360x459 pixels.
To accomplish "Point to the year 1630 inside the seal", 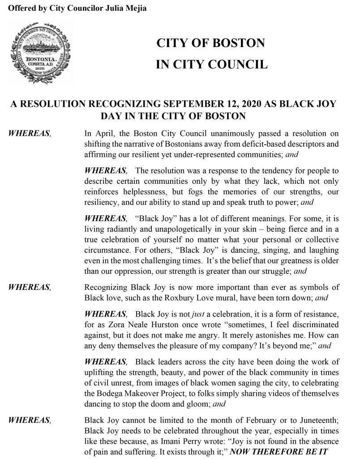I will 41,69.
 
